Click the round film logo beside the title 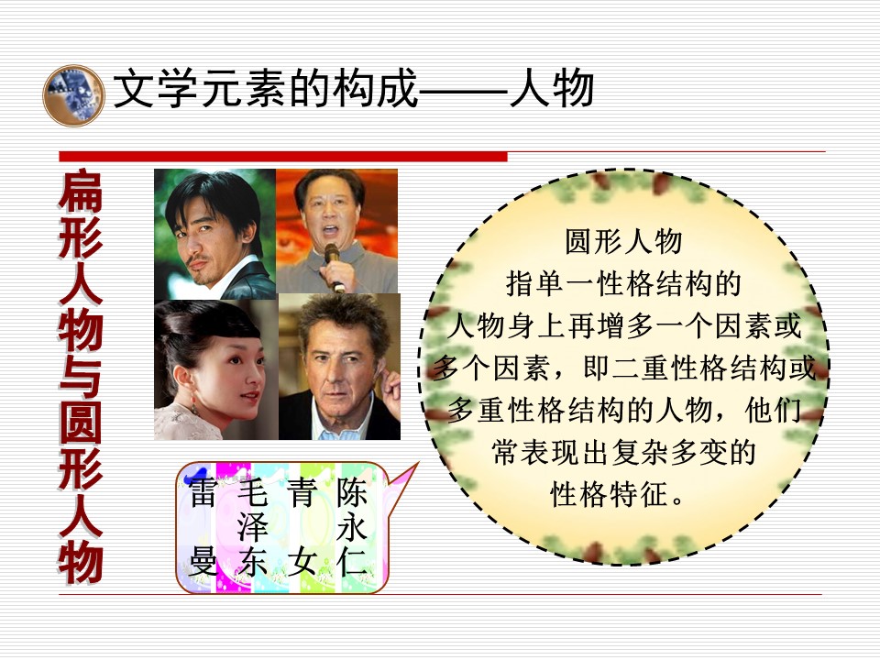coord(73,96)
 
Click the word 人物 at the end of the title coord(551,88)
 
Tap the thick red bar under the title coord(283,157)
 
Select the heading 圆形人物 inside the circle coord(623,242)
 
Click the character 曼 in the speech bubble coord(203,562)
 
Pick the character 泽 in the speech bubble coord(252,527)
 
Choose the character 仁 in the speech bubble coord(351,562)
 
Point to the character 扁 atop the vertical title coord(81,192)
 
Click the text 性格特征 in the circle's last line coord(609,494)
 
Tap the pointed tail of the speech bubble coord(418,464)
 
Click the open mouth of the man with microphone coord(330,231)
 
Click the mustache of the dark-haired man coord(198,262)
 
